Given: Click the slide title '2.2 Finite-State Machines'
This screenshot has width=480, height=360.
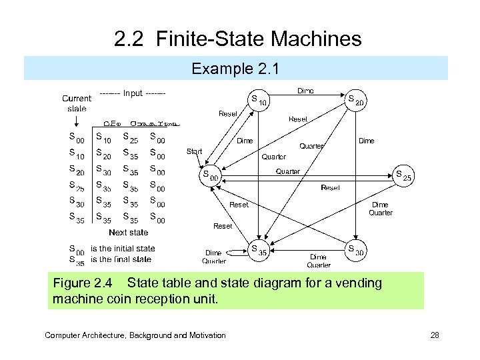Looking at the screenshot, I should tap(238, 39).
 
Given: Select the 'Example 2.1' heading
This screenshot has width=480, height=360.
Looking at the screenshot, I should tap(235, 69).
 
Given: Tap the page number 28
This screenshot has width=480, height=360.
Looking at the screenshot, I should tap(435, 335).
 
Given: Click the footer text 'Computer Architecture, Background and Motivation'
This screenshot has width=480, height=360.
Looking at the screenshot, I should tap(135, 335).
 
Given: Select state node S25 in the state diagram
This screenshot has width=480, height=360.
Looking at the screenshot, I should tap(403, 176).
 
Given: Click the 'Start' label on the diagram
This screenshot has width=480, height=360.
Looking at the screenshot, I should tap(194, 151).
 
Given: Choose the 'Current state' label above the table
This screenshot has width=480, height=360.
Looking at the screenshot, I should tap(77, 103).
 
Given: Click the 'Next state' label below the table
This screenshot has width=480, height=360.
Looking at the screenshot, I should tap(128, 233).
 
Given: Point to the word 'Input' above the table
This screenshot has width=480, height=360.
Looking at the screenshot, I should tap(133, 93).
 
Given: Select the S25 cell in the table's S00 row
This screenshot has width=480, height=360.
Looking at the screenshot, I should tap(131, 139).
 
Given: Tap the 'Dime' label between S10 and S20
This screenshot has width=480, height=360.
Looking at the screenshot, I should tap(305, 91).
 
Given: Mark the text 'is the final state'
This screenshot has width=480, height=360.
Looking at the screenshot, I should tap(121, 259).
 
